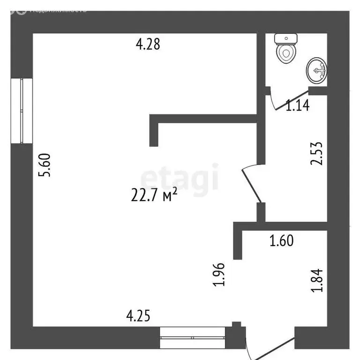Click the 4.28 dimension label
(148, 45)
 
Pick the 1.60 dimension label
(281, 241)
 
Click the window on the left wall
(22, 111)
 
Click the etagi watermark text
(180, 178)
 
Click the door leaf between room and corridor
(251, 185)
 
